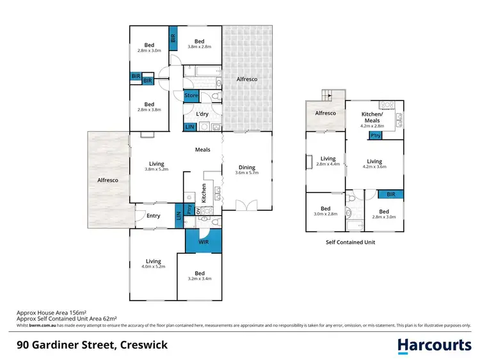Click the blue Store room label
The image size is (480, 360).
pyautogui.click(x=191, y=96)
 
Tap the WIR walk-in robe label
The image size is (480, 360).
pyautogui.click(x=203, y=242)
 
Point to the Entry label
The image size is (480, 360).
pyautogui.click(x=153, y=215)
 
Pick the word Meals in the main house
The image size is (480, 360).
pyautogui.click(x=203, y=150)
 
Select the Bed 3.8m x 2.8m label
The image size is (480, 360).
pyautogui.click(x=200, y=43)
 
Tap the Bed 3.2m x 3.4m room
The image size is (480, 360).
pyautogui.click(x=200, y=275)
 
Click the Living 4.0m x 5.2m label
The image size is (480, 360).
pyautogui.click(x=153, y=263)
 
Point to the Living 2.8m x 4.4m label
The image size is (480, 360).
pyautogui.click(x=328, y=162)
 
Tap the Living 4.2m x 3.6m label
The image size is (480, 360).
pyautogui.click(x=374, y=165)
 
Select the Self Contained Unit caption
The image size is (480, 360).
pyautogui.click(x=350, y=242)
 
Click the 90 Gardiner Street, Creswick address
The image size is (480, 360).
pyautogui.click(x=92, y=345)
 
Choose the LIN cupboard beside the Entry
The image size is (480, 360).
pyautogui.click(x=178, y=217)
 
